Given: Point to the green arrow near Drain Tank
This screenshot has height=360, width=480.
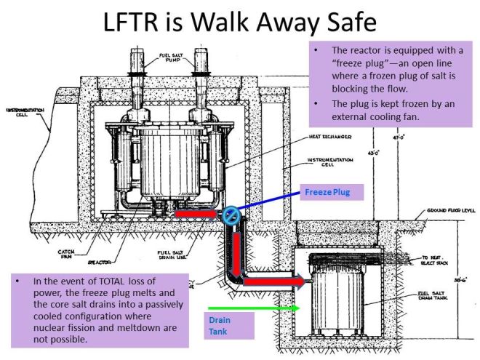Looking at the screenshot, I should [254, 308].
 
